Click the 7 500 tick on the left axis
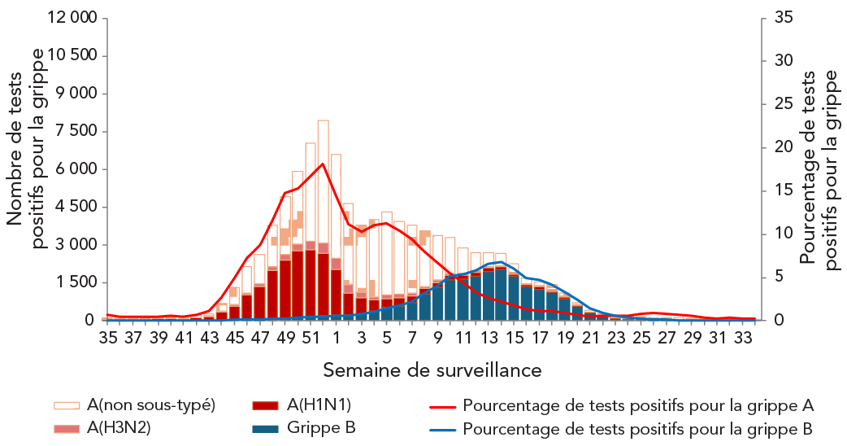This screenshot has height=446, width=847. [75, 131]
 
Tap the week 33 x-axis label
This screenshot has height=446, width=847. [745, 338]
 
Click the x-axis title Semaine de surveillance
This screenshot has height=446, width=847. [432, 370]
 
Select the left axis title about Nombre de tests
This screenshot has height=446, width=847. [26, 146]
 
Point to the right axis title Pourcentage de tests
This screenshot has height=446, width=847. [819, 169]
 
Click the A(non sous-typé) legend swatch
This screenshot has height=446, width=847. [67, 405]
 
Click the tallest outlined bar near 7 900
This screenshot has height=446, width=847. [323, 220]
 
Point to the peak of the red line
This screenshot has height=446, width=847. [323, 164]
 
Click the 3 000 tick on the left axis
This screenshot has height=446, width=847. [75, 245]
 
